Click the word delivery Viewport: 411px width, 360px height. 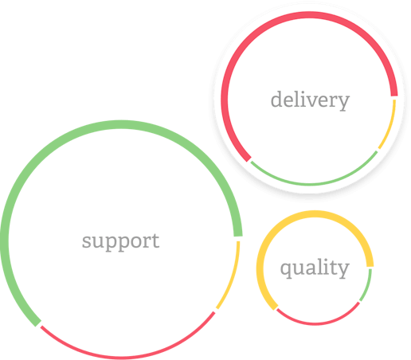310,100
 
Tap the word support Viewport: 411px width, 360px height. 121,241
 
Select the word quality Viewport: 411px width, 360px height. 315,268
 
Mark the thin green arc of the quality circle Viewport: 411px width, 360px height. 367,286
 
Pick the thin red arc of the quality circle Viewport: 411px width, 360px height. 316,323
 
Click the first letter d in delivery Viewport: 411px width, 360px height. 277,99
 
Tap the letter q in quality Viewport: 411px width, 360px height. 287,270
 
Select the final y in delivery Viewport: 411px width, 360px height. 343,103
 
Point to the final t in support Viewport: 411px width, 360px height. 155,241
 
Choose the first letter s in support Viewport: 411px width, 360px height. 86,242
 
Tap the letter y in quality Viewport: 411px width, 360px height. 342,271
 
